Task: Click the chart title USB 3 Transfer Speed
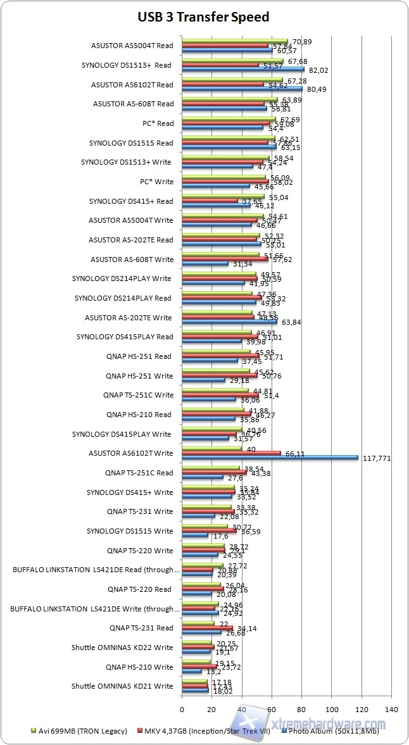pyautogui.click(x=204, y=17)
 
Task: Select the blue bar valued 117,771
pyautogui.click(x=270, y=458)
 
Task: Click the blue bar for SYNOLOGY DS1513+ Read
pyautogui.click(x=243, y=70)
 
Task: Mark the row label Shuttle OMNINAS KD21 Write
pyautogui.click(x=122, y=686)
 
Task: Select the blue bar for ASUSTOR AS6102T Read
pyautogui.click(x=242, y=89)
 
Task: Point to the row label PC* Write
pyautogui.click(x=155, y=182)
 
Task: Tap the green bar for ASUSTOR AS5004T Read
pyautogui.click(x=235, y=41)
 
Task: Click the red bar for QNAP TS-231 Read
pyautogui.click(x=207, y=628)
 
